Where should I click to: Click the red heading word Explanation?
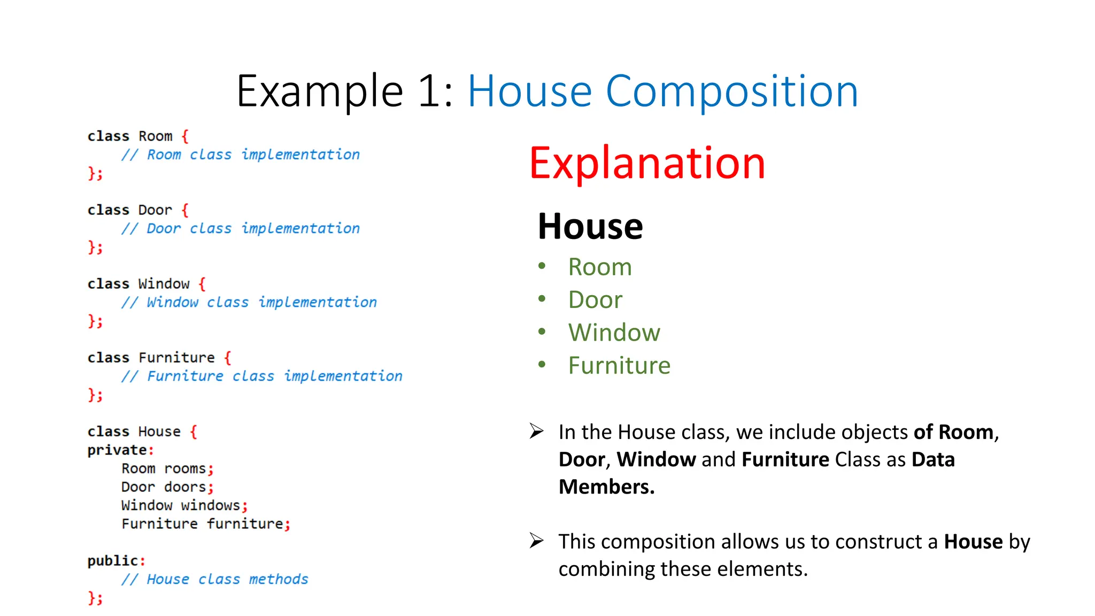(x=647, y=163)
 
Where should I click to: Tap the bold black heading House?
(x=590, y=226)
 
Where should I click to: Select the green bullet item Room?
(x=599, y=267)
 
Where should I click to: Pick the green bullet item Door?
(x=595, y=299)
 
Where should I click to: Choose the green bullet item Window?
(x=614, y=333)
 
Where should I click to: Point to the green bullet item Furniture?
(x=619, y=366)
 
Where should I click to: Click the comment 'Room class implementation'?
(x=241, y=155)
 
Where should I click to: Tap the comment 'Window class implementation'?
(x=249, y=303)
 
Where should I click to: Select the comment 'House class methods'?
(x=215, y=580)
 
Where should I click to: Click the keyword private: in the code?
(x=120, y=450)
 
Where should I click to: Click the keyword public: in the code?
(x=116, y=561)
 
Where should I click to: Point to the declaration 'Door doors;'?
(x=167, y=487)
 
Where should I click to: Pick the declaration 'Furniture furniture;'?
(x=206, y=524)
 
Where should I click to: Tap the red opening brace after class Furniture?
(x=228, y=357)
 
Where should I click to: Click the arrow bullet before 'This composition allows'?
(x=536, y=541)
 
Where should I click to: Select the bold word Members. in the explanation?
(x=606, y=487)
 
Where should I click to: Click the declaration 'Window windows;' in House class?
(x=184, y=506)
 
